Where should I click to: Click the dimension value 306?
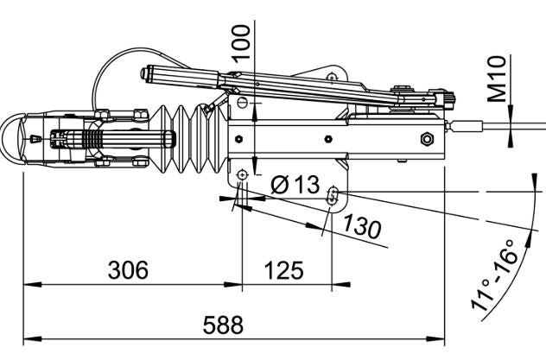click(127, 270)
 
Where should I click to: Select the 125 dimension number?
click(283, 270)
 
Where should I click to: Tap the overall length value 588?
click(223, 325)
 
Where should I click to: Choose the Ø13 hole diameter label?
click(295, 185)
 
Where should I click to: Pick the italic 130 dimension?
click(361, 228)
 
